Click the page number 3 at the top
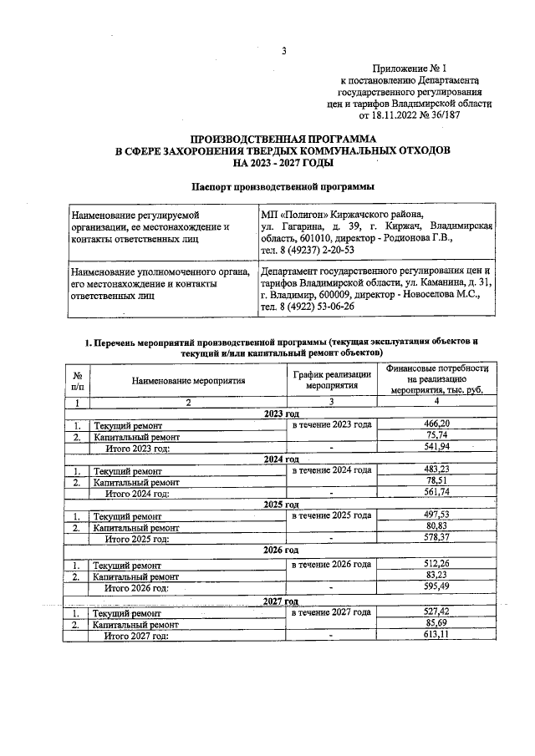[x=284, y=52]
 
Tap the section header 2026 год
[x=281, y=551]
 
